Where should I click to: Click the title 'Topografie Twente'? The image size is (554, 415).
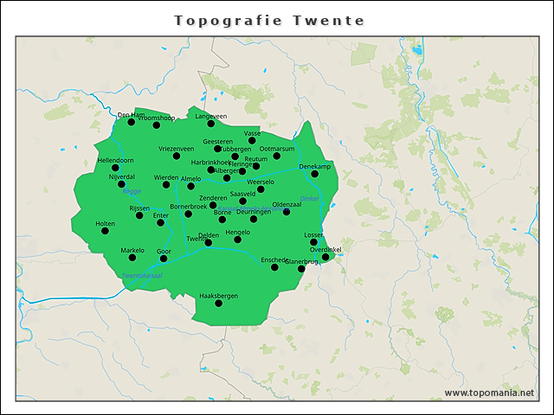[269, 21]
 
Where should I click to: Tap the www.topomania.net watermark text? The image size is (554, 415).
[489, 393]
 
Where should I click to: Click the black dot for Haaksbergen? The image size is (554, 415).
[219, 303]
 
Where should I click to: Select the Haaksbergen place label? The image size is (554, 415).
[218, 296]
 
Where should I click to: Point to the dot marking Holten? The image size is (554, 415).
[106, 231]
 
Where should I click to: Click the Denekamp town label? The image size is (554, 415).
[315, 166]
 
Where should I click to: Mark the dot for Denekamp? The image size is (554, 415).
[315, 174]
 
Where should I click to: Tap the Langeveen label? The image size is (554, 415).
[211, 116]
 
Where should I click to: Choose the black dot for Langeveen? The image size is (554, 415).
[211, 124]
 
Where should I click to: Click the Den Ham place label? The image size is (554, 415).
[131, 114]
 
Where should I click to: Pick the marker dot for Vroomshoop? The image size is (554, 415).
[157, 125]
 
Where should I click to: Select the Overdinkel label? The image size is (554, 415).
[325, 249]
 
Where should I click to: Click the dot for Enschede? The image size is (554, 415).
[274, 267]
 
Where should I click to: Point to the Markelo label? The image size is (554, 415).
[132, 250]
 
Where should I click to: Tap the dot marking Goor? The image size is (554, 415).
[164, 259]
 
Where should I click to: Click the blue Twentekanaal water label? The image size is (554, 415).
[143, 275]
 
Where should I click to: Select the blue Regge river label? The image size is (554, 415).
[132, 191]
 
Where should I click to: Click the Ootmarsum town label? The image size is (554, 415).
[277, 149]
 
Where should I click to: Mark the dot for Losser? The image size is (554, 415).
[313, 243]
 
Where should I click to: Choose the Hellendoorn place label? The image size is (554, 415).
[115, 160]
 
